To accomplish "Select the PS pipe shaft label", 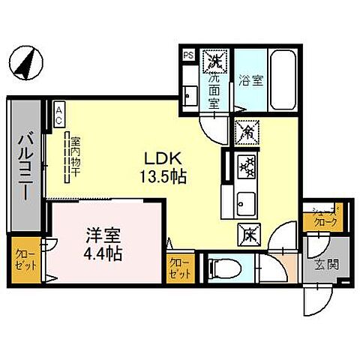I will (188, 55).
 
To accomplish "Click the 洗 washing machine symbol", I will (216, 58).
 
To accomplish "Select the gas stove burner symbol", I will (246, 166).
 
